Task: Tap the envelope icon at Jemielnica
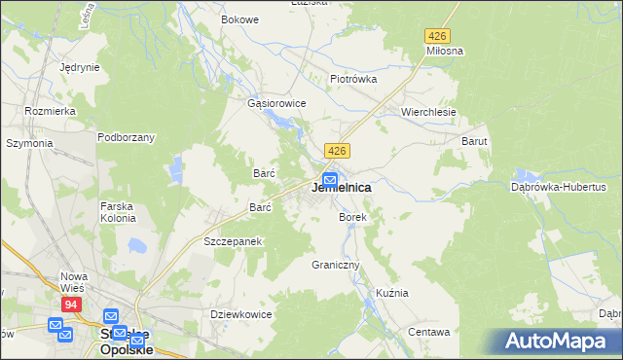click(330, 180)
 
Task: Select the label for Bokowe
click(239, 19)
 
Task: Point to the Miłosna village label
click(444, 50)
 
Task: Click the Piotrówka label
click(353, 79)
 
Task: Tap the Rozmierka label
click(52, 111)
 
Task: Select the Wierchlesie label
click(429, 112)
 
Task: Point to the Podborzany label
click(126, 137)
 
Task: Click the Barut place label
click(474, 141)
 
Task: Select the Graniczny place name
click(336, 265)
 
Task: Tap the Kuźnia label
click(392, 293)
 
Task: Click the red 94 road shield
click(71, 305)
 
